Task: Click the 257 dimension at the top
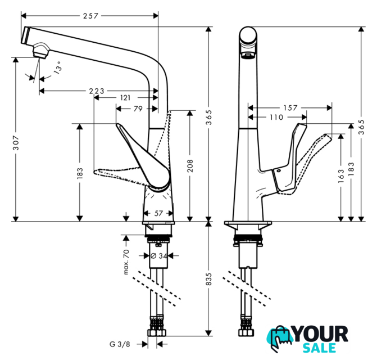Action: (x=90, y=16)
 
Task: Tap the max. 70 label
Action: (x=128, y=262)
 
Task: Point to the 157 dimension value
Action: (x=289, y=107)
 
